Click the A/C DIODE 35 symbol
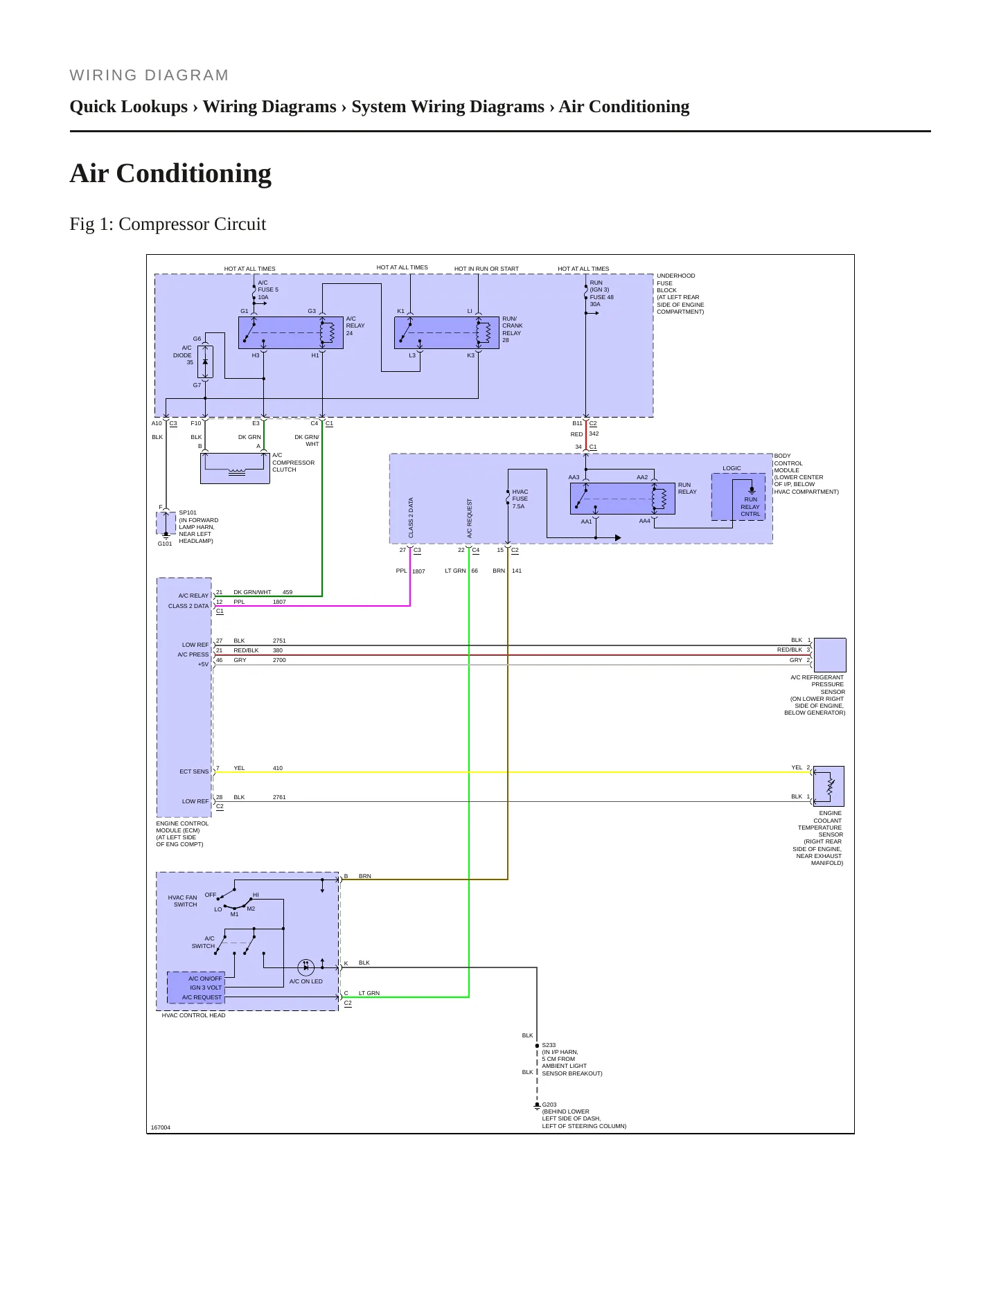(x=205, y=362)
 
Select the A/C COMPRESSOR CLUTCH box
(x=235, y=468)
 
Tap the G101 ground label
(x=165, y=544)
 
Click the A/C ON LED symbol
(x=305, y=967)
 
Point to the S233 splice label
(x=549, y=1045)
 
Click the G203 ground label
(x=549, y=1105)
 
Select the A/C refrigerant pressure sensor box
(x=830, y=655)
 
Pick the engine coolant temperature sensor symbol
(x=829, y=786)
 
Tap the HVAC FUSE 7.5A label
(x=520, y=499)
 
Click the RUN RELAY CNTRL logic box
(x=738, y=497)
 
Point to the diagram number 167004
(x=161, y=1127)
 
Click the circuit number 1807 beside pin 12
(x=279, y=602)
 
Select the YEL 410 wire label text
(x=258, y=768)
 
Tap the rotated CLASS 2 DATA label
(x=411, y=518)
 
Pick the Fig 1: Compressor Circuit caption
(x=168, y=224)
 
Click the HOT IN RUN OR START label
(x=486, y=269)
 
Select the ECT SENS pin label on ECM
(x=194, y=771)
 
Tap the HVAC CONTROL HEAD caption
(x=193, y=1015)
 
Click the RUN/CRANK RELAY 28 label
(x=513, y=330)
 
